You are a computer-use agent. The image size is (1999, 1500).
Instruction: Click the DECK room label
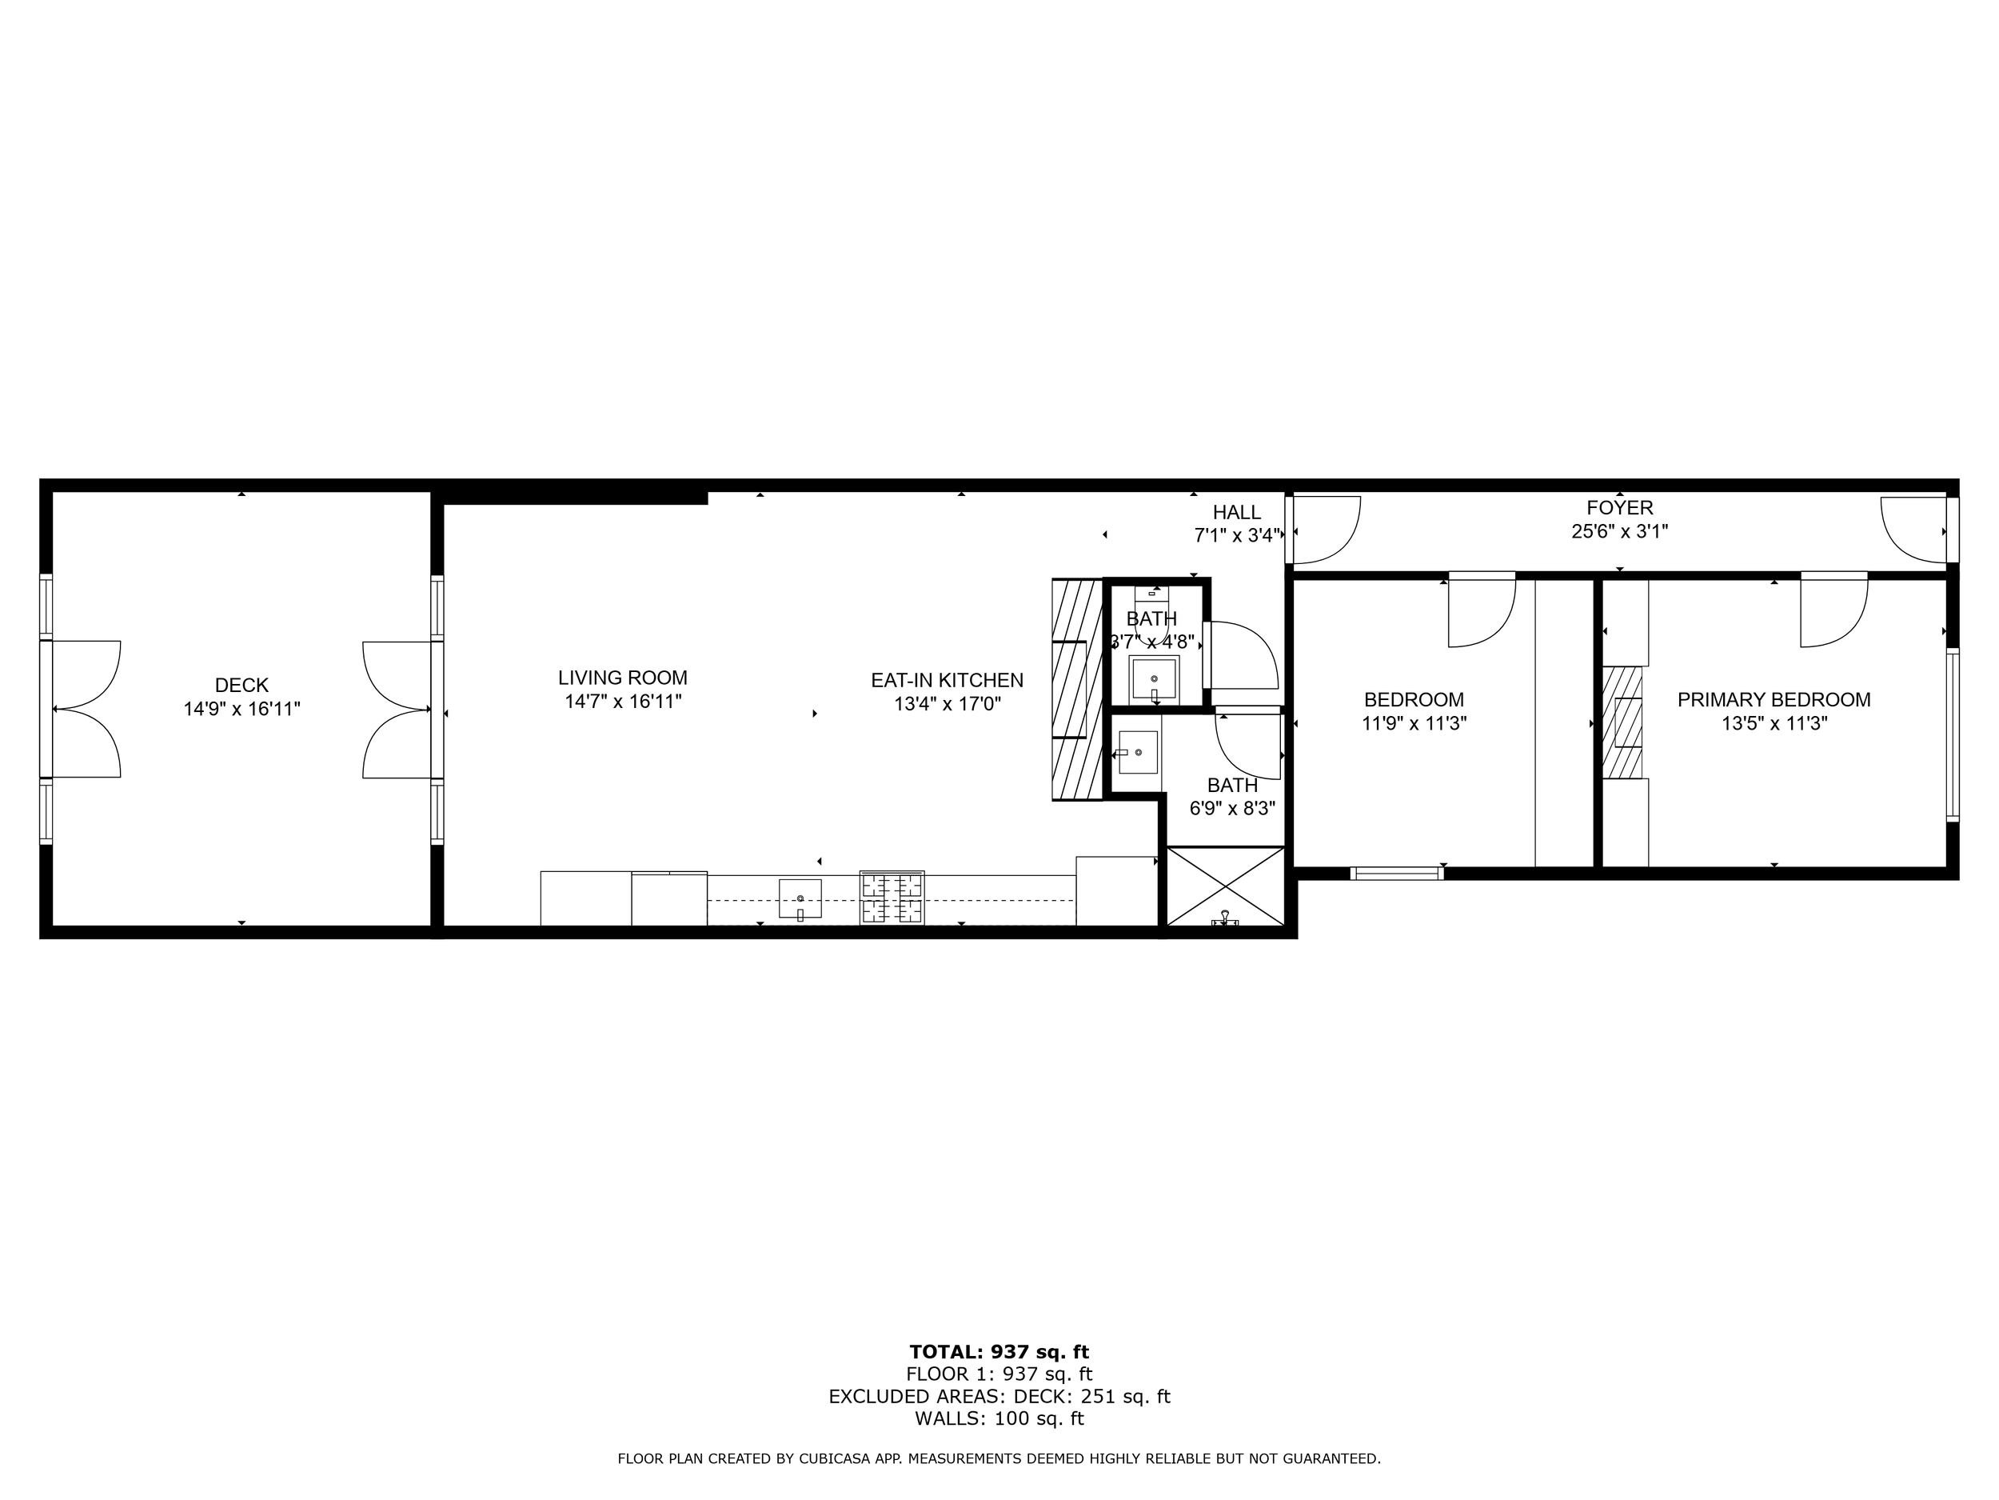(x=241, y=686)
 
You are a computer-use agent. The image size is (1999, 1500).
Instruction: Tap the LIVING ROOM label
(x=623, y=678)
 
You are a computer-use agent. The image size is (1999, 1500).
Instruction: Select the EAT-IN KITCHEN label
(x=947, y=680)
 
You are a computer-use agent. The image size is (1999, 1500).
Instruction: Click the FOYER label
(x=1619, y=507)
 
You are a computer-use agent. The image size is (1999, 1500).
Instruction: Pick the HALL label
(x=1236, y=512)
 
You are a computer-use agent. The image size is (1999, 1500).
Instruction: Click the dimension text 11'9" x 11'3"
(x=1414, y=723)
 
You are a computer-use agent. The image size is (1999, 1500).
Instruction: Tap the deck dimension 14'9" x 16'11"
(x=241, y=709)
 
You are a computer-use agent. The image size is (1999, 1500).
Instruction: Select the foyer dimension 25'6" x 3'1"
(x=1619, y=532)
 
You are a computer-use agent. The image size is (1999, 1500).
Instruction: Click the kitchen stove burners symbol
(x=892, y=897)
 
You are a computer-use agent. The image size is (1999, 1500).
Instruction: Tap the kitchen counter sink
(x=800, y=898)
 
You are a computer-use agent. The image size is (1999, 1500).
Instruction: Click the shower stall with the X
(x=1226, y=886)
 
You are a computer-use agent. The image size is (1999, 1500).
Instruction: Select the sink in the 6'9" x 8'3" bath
(x=1138, y=752)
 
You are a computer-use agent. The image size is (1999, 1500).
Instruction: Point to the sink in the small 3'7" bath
(x=1153, y=679)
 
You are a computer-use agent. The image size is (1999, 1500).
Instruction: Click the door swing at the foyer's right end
(x=1913, y=528)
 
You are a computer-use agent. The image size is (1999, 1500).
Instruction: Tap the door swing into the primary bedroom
(x=1832, y=612)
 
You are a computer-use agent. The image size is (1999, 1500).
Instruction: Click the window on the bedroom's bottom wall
(x=1396, y=873)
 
